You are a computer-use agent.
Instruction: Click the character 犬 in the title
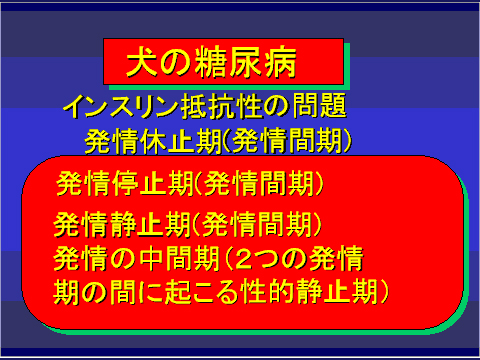pyautogui.click(x=139, y=63)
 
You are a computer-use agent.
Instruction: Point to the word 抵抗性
pyautogui.click(x=231, y=105)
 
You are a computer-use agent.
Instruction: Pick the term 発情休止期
pyautogui.click(x=144, y=140)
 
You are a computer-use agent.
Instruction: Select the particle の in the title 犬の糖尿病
pyautogui.click(x=178, y=64)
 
